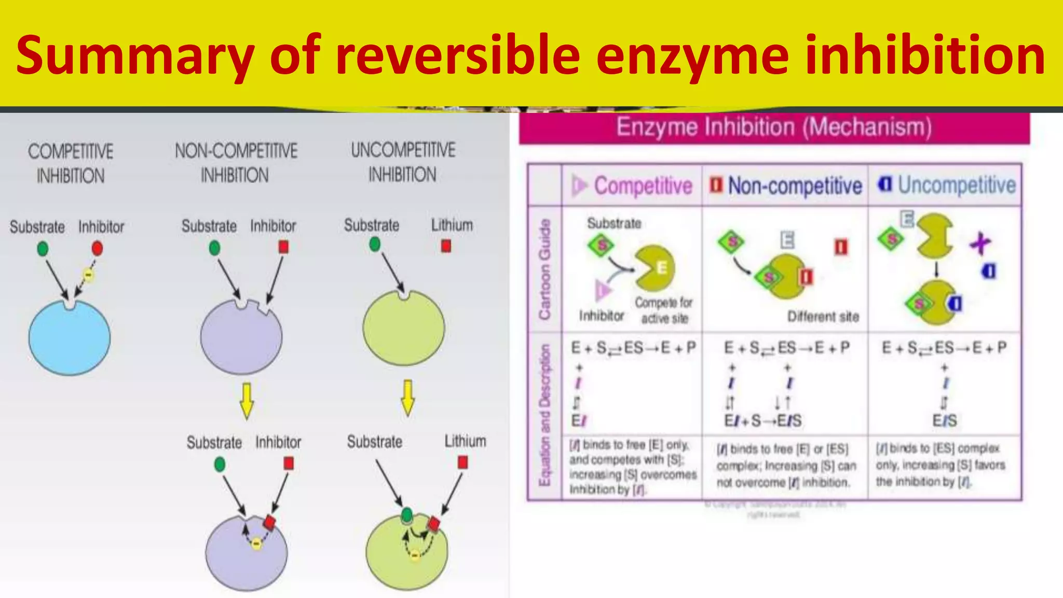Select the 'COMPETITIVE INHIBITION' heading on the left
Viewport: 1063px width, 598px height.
coord(71,164)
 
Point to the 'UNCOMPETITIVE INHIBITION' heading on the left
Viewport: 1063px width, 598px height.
coord(403,162)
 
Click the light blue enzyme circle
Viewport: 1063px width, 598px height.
coord(70,337)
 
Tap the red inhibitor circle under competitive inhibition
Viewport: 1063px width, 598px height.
coord(97,249)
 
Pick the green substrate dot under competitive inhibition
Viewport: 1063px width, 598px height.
coord(43,249)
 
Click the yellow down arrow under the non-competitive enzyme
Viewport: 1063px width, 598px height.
coord(247,401)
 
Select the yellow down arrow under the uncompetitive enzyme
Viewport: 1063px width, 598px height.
coord(408,398)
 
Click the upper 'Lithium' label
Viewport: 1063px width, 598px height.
coord(452,225)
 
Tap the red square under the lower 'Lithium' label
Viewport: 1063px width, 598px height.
coord(463,462)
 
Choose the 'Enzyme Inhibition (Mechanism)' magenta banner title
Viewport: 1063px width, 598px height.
coord(774,127)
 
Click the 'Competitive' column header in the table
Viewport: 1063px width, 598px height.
coord(643,185)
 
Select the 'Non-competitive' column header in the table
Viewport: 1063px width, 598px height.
coord(794,185)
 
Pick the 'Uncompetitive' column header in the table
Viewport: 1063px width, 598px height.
coord(956,185)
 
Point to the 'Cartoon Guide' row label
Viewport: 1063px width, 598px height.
coord(544,269)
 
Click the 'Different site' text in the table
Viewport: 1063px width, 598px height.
coord(823,317)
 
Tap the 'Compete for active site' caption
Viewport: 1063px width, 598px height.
coord(664,310)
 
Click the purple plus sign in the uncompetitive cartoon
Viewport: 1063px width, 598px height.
coord(980,243)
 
